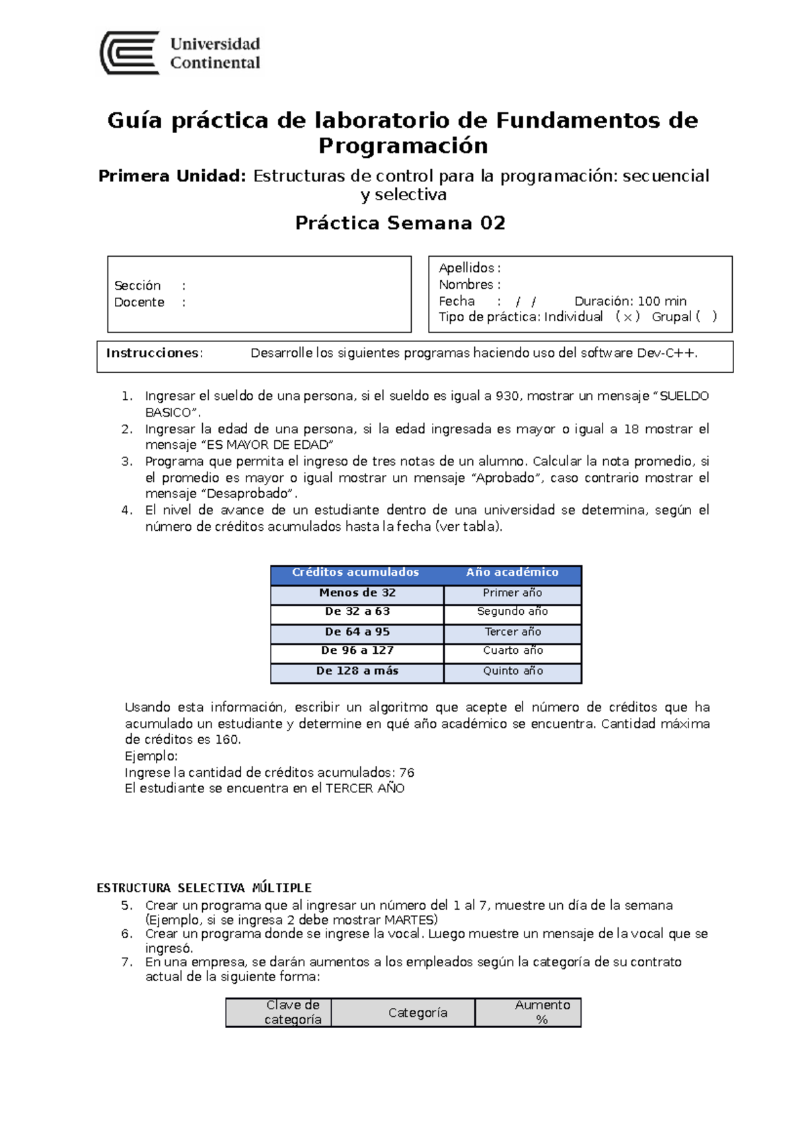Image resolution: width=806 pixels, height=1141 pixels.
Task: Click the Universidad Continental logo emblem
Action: point(130,52)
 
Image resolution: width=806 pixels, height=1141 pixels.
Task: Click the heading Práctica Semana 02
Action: point(400,223)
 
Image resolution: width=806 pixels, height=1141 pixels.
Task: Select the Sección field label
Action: point(138,286)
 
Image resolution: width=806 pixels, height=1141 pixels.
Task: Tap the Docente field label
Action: point(139,302)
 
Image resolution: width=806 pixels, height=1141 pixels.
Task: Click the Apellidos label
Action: point(466,268)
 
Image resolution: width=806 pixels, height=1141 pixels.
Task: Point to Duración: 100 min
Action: point(630,301)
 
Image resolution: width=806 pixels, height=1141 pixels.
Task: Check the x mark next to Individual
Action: point(627,317)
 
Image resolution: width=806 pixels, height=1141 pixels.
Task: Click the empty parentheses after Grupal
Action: point(706,316)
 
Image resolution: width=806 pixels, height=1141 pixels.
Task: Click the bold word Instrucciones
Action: point(153,353)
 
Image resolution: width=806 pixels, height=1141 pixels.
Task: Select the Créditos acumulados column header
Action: point(355,573)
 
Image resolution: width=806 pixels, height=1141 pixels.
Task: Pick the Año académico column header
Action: point(512,573)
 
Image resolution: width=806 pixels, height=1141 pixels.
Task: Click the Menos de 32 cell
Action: point(357,593)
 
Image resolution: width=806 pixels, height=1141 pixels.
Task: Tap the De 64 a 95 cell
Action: point(357,632)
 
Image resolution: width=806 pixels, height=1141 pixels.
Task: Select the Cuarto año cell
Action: point(513,650)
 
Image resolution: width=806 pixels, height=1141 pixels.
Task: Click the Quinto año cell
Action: point(513,671)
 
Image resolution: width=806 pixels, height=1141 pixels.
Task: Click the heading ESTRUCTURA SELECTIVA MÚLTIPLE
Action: point(204,888)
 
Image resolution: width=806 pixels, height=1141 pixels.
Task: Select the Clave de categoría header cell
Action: point(293,1012)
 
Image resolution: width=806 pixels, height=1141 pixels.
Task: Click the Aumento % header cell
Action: point(542,1012)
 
